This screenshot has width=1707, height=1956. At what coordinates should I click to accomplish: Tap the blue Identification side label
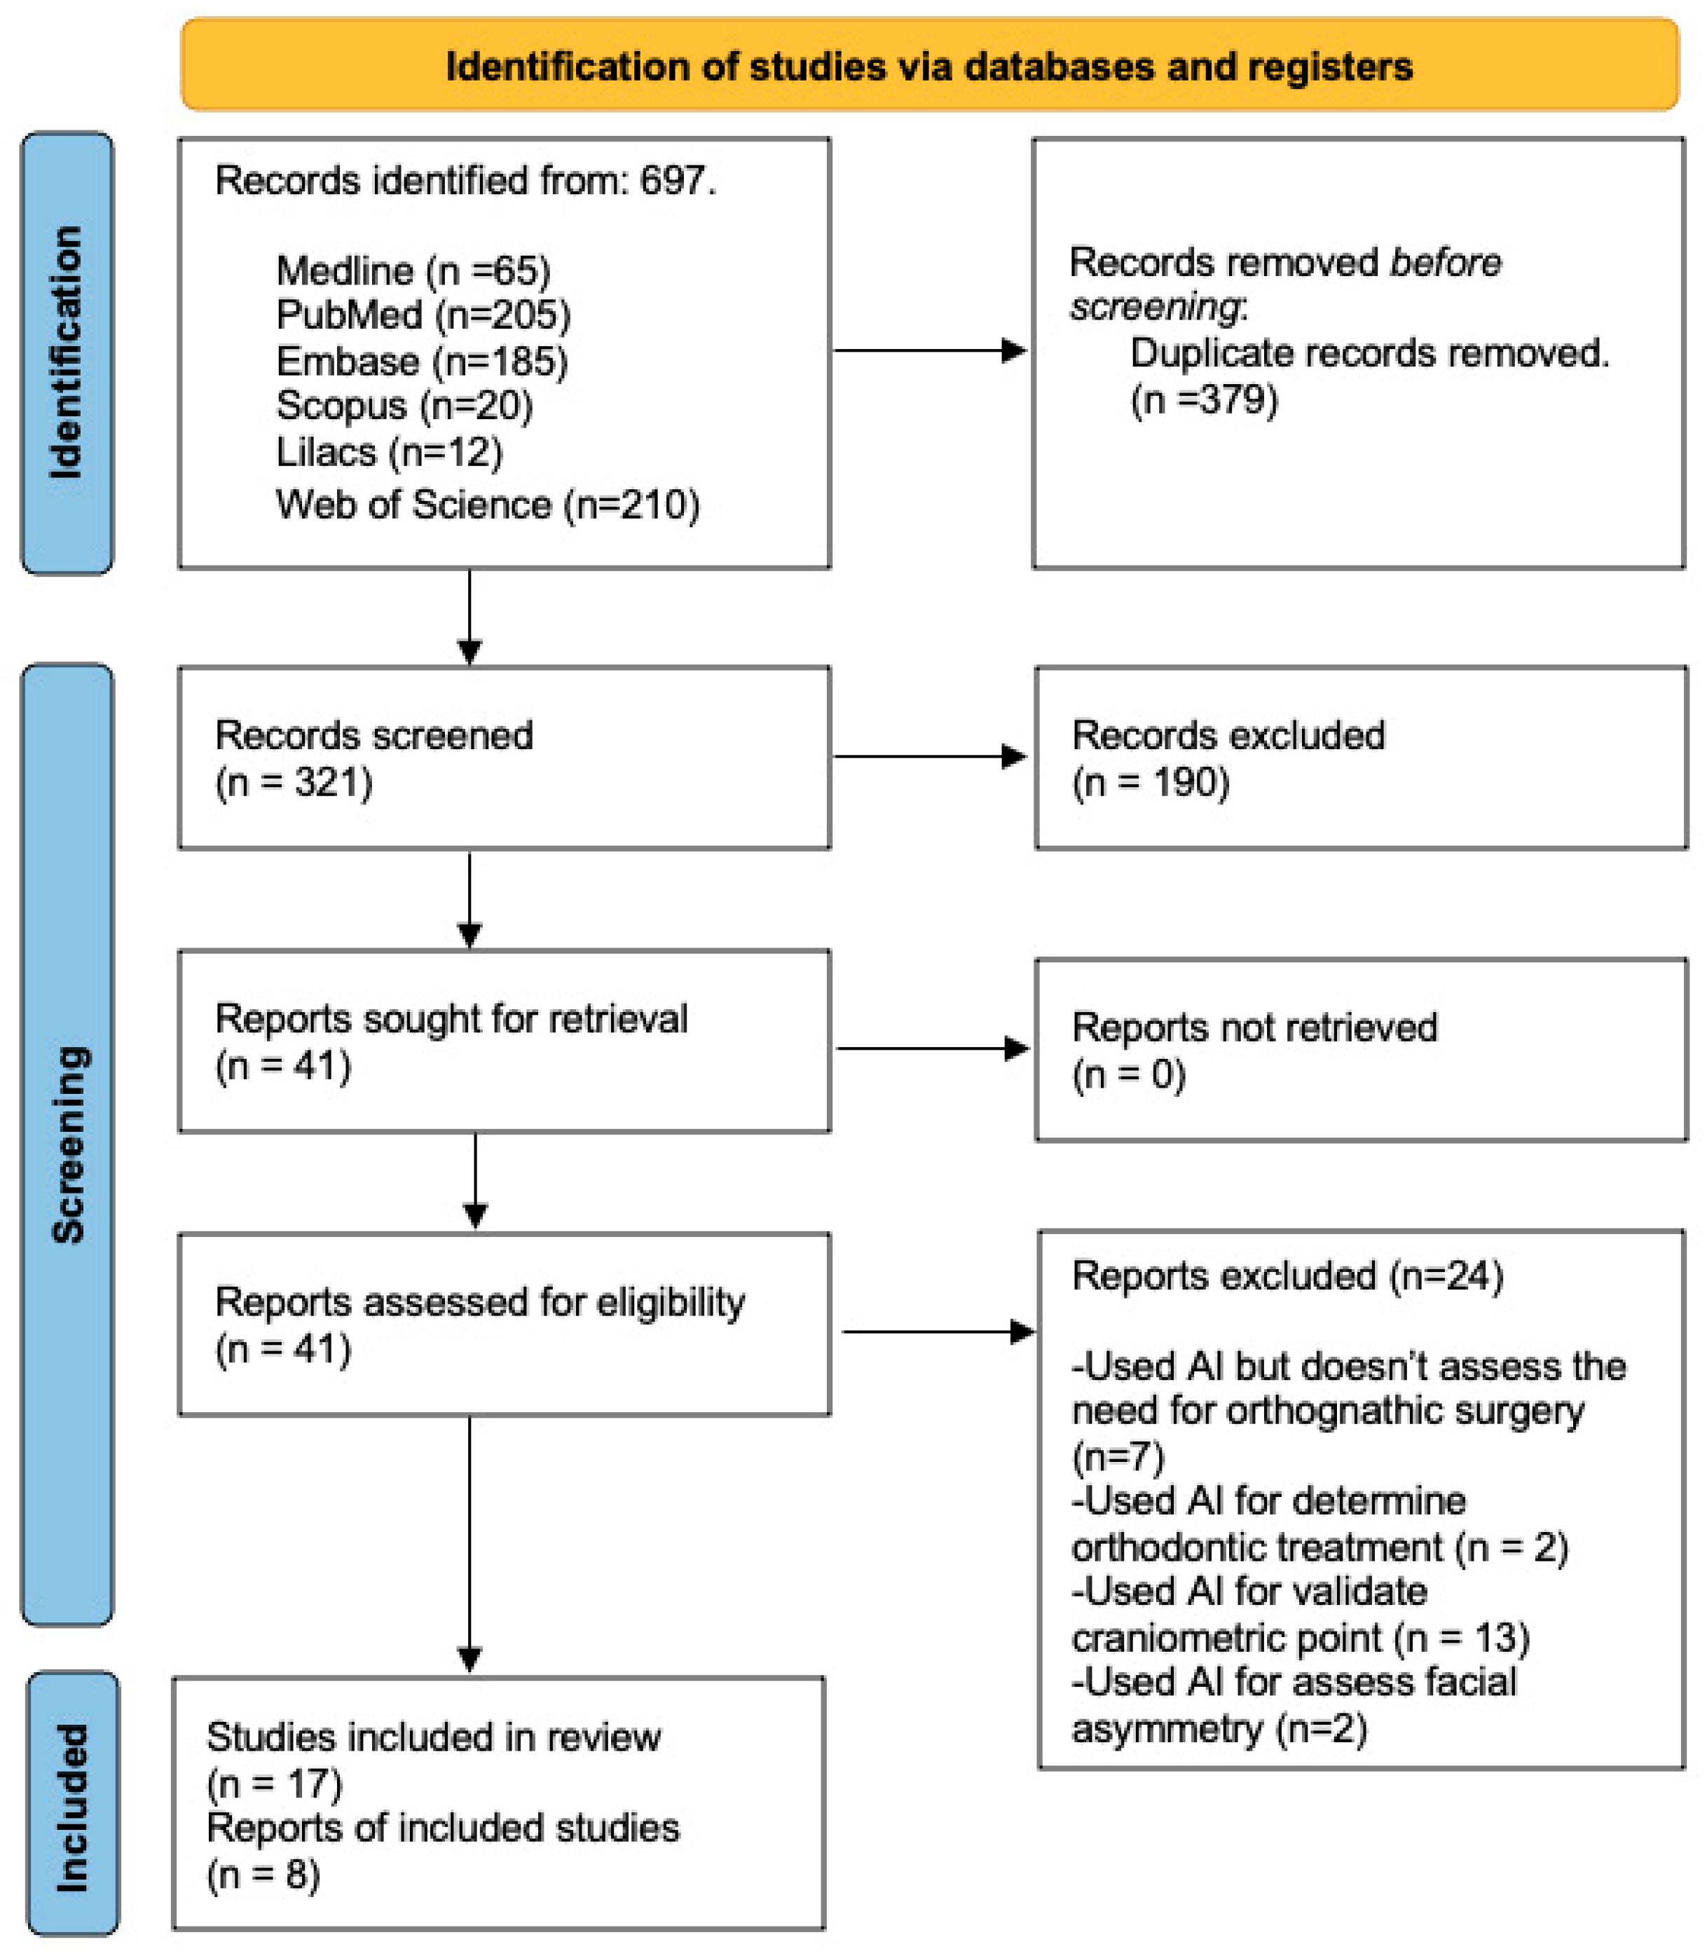(x=67, y=353)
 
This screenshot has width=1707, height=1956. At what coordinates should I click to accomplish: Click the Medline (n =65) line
(x=413, y=271)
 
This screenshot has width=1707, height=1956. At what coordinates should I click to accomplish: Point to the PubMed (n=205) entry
(x=423, y=315)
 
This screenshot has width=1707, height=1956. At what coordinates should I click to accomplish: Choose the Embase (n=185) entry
(x=421, y=361)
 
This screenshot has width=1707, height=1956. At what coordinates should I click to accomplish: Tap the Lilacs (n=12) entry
(x=389, y=451)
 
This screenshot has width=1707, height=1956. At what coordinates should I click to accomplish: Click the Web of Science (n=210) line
(x=487, y=504)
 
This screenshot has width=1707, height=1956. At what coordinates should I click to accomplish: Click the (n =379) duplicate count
(x=1203, y=399)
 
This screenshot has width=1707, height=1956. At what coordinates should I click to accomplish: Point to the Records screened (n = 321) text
(x=373, y=758)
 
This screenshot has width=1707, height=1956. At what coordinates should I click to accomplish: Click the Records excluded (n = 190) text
(x=1227, y=758)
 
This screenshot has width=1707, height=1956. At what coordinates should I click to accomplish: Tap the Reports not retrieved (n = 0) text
(x=1254, y=1050)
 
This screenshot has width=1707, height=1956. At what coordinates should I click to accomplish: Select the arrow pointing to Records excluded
(x=928, y=756)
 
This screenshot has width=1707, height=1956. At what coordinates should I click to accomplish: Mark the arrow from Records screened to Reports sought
(x=469, y=898)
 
